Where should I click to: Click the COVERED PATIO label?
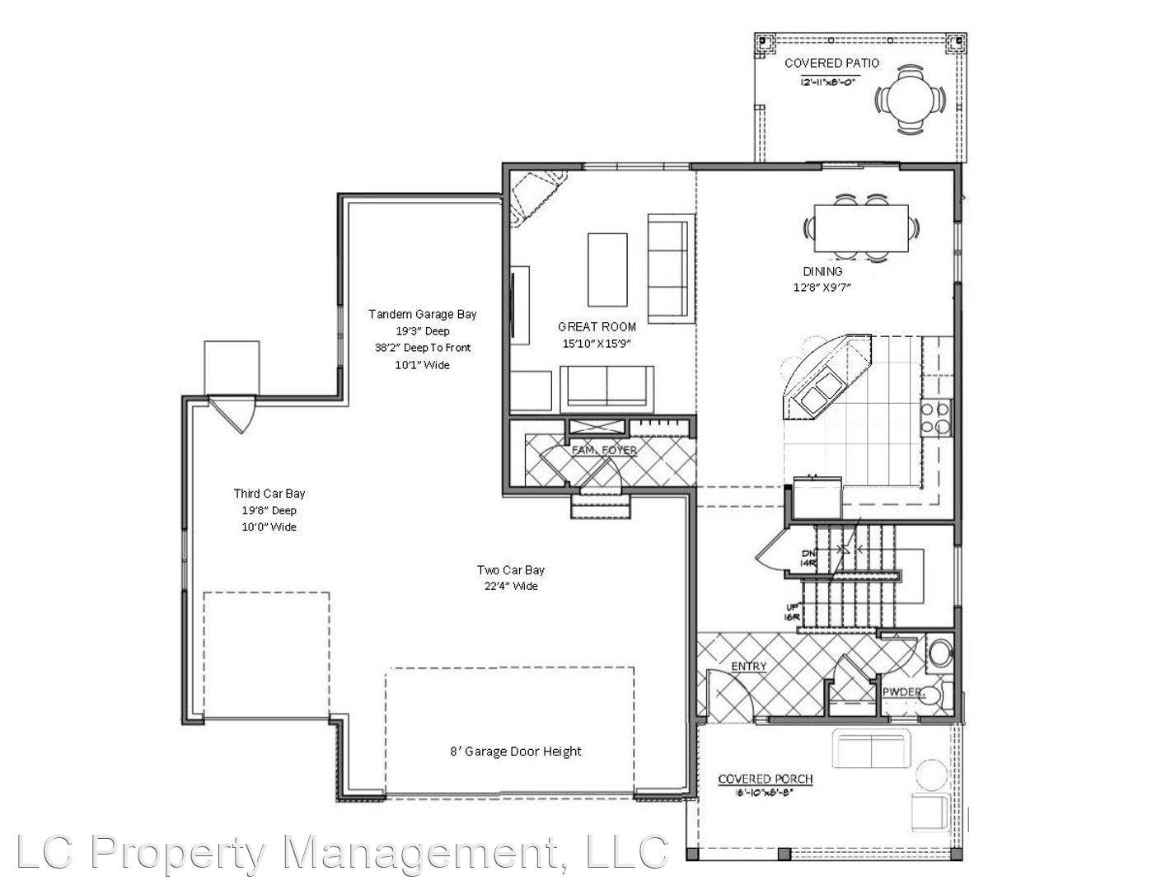click(831, 63)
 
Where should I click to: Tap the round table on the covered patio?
click(911, 100)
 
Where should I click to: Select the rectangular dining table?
click(860, 228)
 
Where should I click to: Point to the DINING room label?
click(822, 271)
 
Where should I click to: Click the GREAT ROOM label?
click(597, 326)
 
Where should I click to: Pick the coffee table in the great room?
click(606, 269)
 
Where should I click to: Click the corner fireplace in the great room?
click(533, 196)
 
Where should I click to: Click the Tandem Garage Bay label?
click(422, 314)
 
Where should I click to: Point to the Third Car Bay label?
click(269, 494)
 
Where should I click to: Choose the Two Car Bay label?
click(510, 570)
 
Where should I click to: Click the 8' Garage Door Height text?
click(515, 752)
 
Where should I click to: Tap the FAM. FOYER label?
click(603, 451)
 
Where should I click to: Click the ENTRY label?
click(748, 667)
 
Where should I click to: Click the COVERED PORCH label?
click(765, 779)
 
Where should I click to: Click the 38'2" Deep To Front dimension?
click(422, 348)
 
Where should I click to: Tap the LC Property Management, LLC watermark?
click(341, 853)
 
